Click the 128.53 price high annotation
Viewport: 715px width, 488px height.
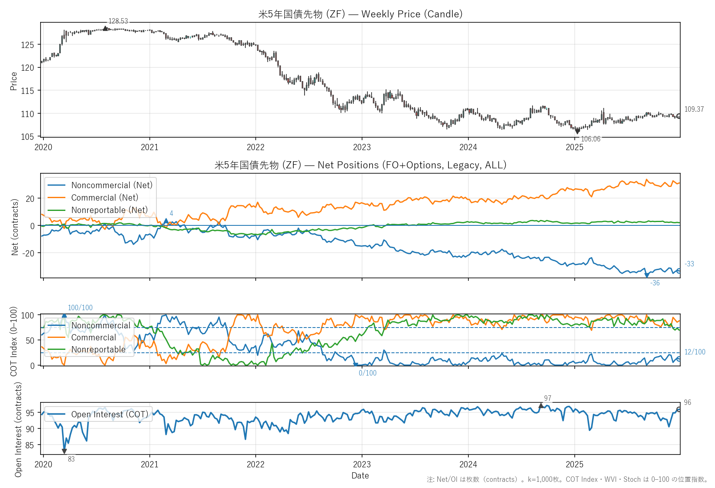(118, 21)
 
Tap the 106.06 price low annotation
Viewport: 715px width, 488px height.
(590, 139)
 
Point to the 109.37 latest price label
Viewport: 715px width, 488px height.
(694, 109)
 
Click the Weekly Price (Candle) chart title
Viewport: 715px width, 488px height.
(360, 14)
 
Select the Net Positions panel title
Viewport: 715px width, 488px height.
(360, 165)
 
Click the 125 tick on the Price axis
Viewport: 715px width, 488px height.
(27, 45)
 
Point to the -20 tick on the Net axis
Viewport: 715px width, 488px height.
(29, 253)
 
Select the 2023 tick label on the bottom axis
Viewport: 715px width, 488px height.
(362, 464)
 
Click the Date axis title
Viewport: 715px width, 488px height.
(360, 476)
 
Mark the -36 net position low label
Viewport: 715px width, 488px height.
(655, 283)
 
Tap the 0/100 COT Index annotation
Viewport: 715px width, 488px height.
(367, 373)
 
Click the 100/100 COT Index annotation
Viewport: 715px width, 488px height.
(80, 308)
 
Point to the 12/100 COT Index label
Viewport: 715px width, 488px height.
(695, 352)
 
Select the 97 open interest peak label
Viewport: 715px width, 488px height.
(547, 398)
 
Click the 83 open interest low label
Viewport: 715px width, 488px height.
(71, 459)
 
